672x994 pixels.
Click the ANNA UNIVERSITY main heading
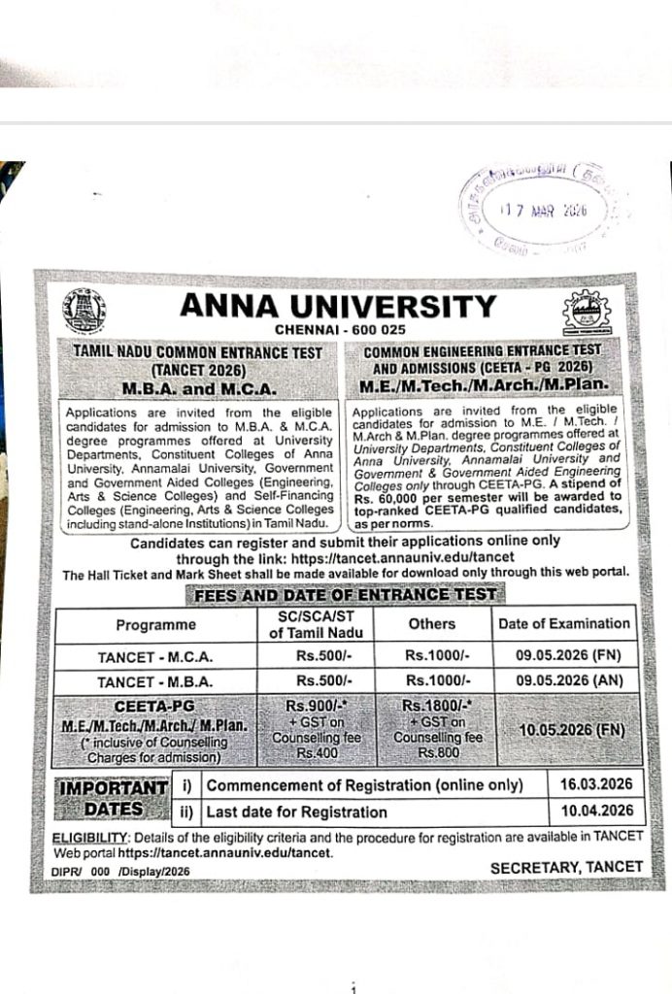(337, 307)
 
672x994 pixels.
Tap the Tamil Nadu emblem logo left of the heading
(84, 312)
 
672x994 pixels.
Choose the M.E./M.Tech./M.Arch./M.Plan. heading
(484, 386)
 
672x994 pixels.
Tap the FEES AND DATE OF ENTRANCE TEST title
(346, 594)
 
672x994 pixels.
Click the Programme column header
(155, 624)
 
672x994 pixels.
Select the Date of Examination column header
(564, 623)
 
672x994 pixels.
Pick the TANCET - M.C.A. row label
(155, 657)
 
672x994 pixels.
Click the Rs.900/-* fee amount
(310, 705)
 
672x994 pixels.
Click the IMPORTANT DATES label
(113, 797)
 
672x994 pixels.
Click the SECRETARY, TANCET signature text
(566, 866)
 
